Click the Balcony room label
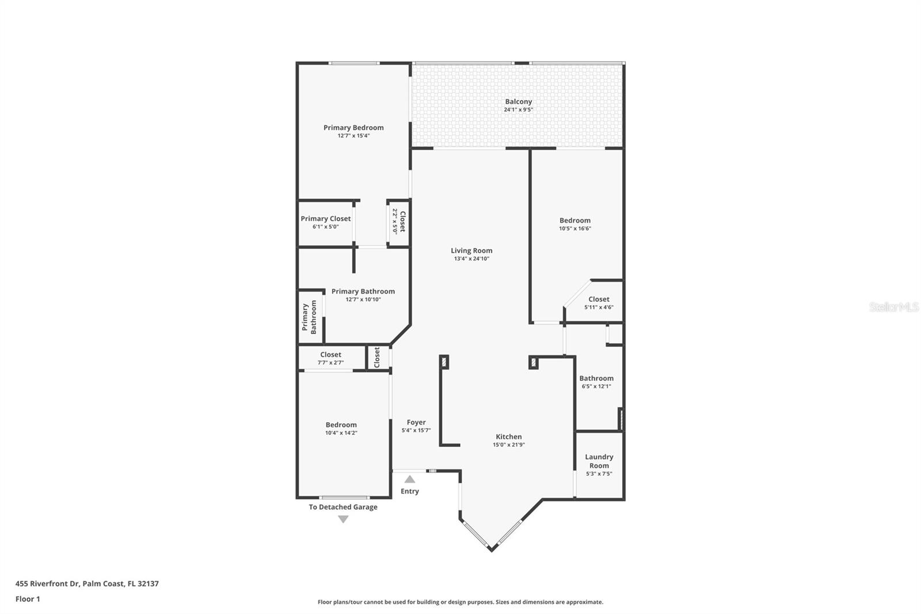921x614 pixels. (x=519, y=101)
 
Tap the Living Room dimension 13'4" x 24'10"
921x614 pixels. (x=471, y=259)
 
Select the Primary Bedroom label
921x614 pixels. (x=353, y=127)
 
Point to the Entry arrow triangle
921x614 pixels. (x=409, y=479)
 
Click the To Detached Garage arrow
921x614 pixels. (x=343, y=519)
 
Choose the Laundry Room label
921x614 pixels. (x=599, y=461)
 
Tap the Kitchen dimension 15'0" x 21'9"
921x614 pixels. (x=509, y=445)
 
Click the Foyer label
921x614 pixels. (x=416, y=422)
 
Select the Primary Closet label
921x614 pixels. (x=326, y=218)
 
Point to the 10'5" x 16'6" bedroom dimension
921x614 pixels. (x=575, y=229)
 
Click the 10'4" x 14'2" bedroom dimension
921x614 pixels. (x=341, y=433)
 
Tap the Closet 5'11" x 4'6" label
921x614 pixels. (x=599, y=299)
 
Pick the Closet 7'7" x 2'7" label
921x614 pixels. (x=330, y=354)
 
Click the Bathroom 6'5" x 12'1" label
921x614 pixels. (x=596, y=378)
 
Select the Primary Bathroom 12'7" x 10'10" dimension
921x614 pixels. (x=363, y=299)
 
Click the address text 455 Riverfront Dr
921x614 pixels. (x=47, y=583)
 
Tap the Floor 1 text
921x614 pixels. (x=28, y=599)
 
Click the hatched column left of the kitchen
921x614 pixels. (x=444, y=362)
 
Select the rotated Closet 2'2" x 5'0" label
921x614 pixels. (x=399, y=221)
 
